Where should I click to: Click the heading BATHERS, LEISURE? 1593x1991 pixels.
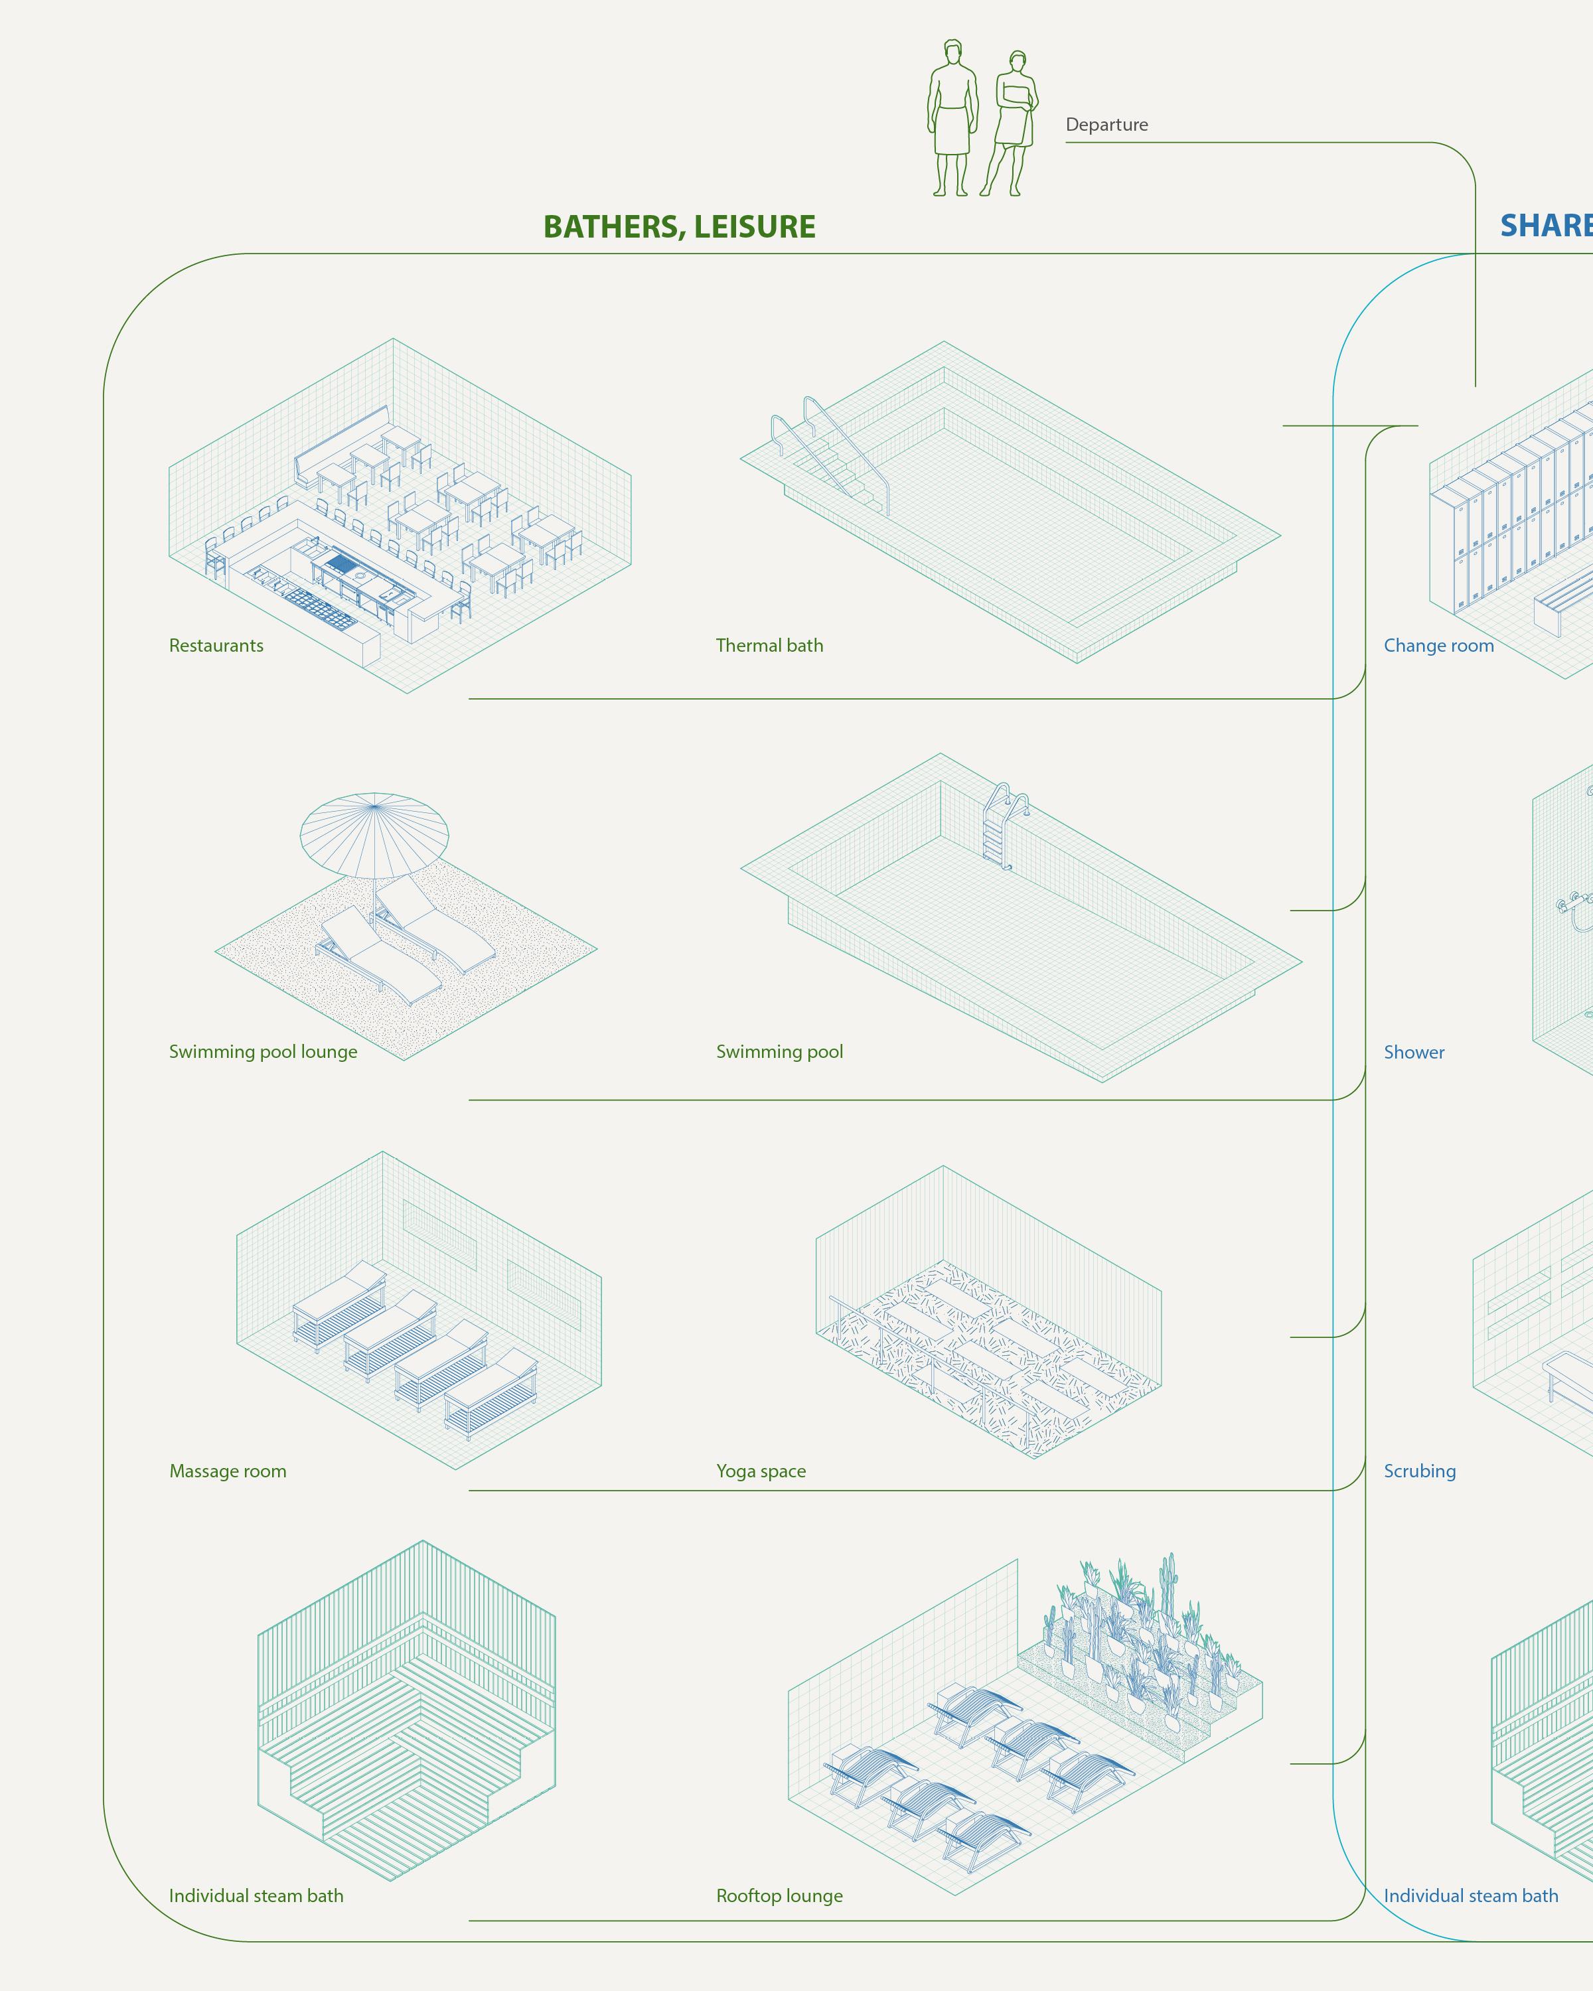(x=679, y=227)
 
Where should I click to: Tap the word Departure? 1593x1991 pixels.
(x=1106, y=125)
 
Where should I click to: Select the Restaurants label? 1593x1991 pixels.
(x=216, y=646)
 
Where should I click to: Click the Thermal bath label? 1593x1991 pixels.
(x=769, y=646)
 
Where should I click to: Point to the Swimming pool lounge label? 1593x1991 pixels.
(x=264, y=1052)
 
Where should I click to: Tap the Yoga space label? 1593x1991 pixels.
(x=761, y=1471)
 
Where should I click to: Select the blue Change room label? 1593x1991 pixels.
(x=1438, y=646)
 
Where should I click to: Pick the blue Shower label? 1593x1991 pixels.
(x=1414, y=1053)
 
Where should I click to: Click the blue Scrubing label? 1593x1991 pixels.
(x=1419, y=1471)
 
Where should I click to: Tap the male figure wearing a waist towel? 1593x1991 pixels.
(x=952, y=118)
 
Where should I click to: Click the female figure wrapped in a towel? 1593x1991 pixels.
(x=1011, y=125)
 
